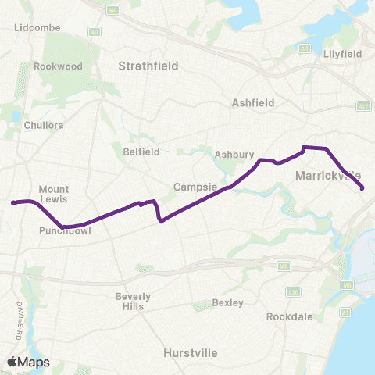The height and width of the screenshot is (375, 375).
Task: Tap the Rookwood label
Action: click(58, 66)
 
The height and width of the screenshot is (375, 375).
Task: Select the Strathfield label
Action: click(148, 66)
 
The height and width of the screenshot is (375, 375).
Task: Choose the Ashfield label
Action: click(251, 102)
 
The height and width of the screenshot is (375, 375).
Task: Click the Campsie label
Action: click(191, 187)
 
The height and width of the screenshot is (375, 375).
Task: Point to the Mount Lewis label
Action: click(54, 195)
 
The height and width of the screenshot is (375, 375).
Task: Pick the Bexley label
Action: click(229, 302)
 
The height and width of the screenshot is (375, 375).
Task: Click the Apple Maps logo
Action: click(28, 362)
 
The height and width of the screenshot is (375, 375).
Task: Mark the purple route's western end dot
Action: click(13, 203)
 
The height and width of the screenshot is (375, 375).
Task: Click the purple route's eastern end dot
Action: click(362, 187)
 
